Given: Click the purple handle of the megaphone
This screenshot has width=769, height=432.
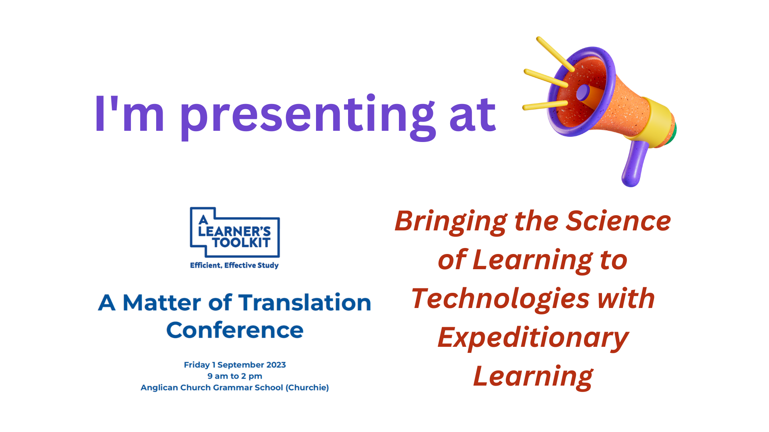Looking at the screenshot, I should (635, 164).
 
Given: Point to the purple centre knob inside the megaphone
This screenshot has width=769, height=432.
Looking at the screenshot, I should (583, 92).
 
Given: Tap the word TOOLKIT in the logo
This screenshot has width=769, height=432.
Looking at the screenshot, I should (241, 242).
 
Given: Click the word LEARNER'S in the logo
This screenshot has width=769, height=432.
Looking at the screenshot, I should (235, 231).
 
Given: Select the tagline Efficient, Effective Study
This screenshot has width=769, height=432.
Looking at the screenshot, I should (234, 265).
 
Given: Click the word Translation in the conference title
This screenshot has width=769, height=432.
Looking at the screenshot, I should (305, 302).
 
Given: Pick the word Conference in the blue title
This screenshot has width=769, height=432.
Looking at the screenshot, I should (235, 330).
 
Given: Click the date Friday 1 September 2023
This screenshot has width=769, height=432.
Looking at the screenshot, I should (235, 365).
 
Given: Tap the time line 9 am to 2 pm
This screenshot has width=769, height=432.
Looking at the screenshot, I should (235, 376).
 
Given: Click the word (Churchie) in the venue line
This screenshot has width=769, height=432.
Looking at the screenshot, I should (307, 388).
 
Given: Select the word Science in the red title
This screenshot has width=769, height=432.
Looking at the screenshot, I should (618, 221).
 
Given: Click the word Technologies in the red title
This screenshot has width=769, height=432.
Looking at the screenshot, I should (500, 299).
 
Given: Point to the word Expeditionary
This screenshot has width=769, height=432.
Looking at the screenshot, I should (533, 338).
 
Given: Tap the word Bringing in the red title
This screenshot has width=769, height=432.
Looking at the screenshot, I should (451, 222).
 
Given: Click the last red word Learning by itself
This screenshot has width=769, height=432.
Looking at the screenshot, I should (533, 376).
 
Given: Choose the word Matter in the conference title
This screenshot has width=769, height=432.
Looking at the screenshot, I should (162, 302).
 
